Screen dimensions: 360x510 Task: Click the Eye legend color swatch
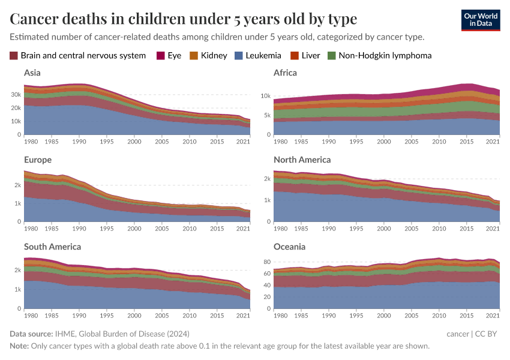161,56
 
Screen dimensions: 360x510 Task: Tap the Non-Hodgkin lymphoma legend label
385,56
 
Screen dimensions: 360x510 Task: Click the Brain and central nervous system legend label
83,56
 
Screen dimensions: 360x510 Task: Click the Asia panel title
32,73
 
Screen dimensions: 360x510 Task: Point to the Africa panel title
285,73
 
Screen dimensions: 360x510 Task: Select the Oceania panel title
289,247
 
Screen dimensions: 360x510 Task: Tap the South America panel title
52,247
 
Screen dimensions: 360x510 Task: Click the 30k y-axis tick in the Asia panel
16,95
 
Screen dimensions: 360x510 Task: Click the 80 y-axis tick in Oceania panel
267,262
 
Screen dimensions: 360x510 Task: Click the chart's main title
184,19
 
